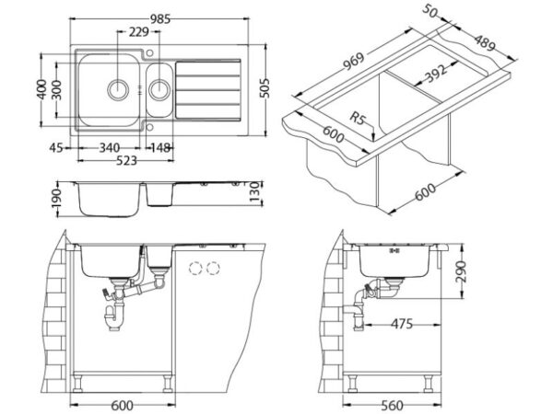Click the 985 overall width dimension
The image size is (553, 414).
pos(160,19)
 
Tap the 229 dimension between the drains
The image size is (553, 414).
pos(138,32)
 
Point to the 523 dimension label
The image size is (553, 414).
pos(126,160)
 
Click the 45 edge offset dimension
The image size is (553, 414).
pos(55,148)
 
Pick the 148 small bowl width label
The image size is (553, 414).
pos(160,148)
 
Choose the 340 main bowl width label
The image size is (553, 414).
pos(110,148)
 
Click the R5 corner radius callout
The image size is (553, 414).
pos(357,118)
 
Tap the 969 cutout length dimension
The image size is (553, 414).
pos(354,62)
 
